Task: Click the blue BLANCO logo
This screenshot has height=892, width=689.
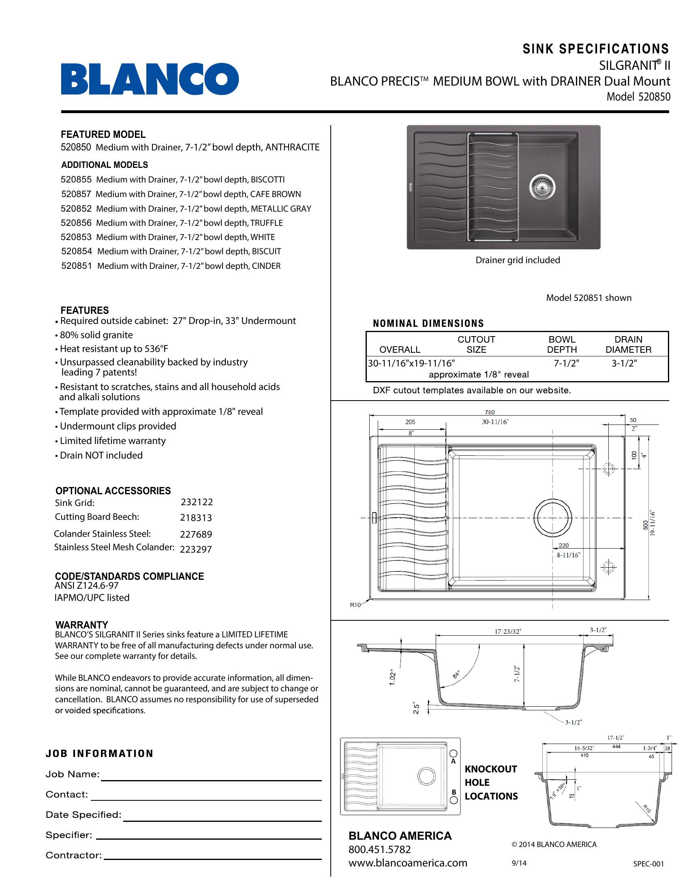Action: pyautogui.click(x=150, y=79)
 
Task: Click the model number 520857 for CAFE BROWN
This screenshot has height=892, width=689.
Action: pyautogui.click(x=76, y=194)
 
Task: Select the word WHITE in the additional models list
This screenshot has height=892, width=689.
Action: pyautogui.click(x=263, y=237)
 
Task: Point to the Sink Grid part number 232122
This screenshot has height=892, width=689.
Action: pyautogui.click(x=197, y=502)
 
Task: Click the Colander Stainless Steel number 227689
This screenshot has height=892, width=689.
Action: pyautogui.click(x=196, y=534)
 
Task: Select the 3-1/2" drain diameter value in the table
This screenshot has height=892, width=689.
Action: pyautogui.click(x=624, y=364)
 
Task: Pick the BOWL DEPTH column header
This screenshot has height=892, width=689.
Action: pyautogui.click(x=562, y=344)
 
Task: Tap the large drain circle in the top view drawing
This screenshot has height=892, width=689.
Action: pyautogui.click(x=552, y=518)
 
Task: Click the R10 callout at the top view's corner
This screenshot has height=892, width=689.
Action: pyautogui.click(x=355, y=605)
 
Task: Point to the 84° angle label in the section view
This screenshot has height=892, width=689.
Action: pyautogui.click(x=456, y=674)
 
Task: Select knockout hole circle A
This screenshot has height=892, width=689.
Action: pyautogui.click(x=453, y=754)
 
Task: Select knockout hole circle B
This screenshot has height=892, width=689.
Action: pyautogui.click(x=454, y=800)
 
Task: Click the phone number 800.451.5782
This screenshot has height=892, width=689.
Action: pyautogui.click(x=380, y=849)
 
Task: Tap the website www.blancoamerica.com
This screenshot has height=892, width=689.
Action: pyautogui.click(x=408, y=863)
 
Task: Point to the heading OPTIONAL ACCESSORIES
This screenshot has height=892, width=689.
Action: pyautogui.click(x=113, y=491)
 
